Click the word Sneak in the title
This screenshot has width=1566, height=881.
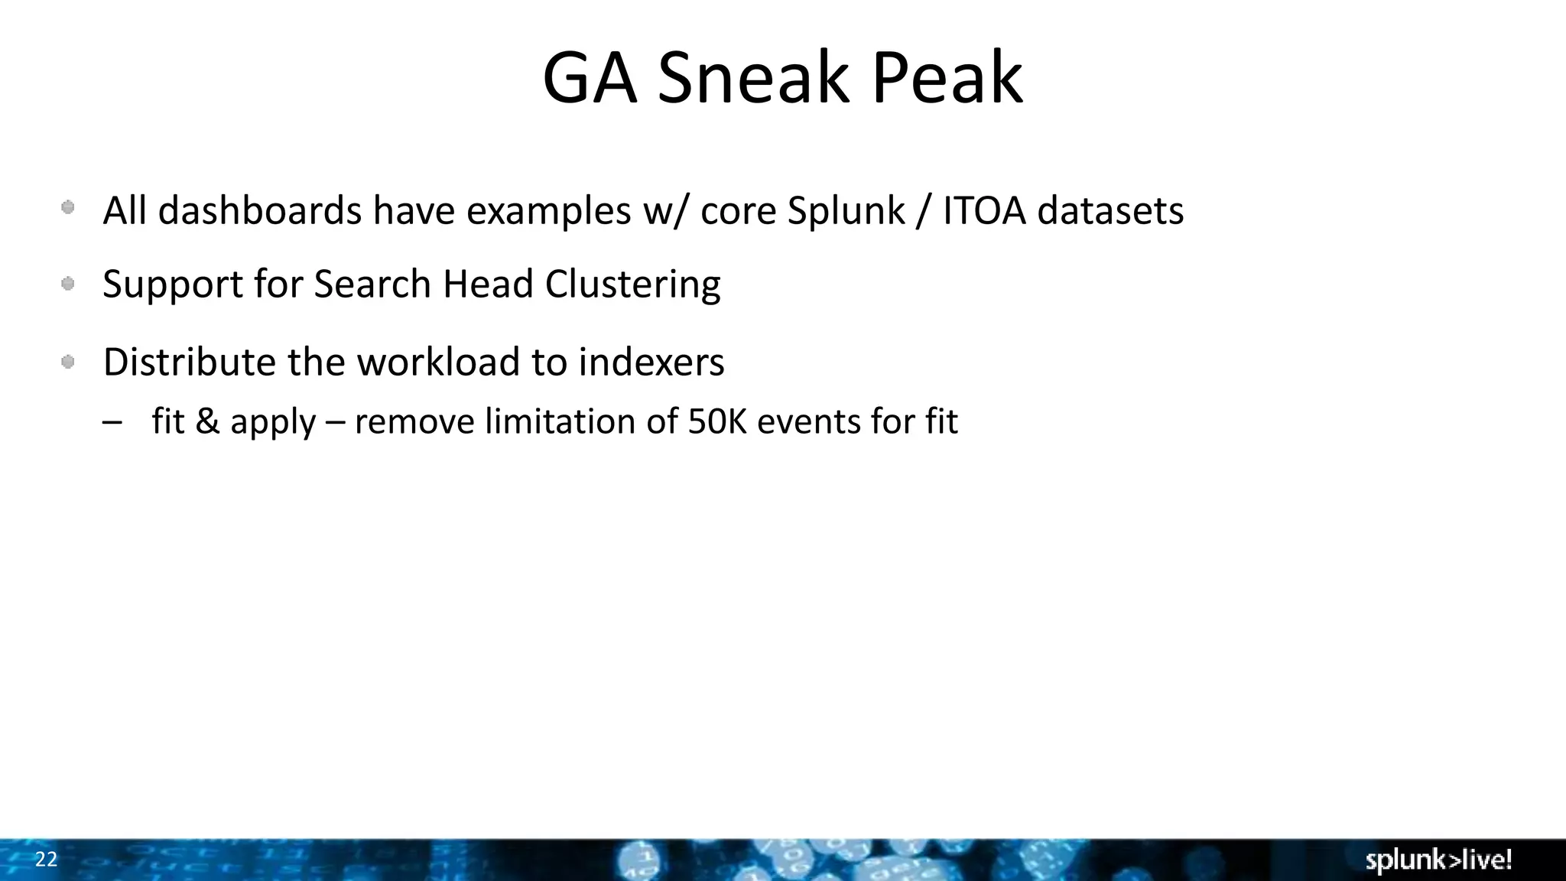click(x=753, y=78)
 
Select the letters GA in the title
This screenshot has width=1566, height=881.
click(x=590, y=78)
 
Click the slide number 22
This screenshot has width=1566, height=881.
click(x=46, y=860)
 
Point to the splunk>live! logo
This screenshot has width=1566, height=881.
click(x=1438, y=860)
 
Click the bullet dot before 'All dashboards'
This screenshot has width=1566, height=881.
click(x=68, y=207)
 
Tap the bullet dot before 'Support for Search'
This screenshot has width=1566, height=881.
click(x=68, y=284)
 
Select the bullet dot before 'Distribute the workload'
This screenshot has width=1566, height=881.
click(x=68, y=362)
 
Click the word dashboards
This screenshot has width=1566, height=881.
click(x=260, y=210)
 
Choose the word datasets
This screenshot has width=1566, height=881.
click(x=1110, y=210)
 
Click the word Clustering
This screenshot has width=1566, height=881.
click(x=632, y=284)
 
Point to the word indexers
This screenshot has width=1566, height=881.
click(x=651, y=362)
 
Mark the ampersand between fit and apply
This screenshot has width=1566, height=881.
click(x=207, y=421)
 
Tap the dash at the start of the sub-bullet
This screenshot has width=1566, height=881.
click(x=112, y=422)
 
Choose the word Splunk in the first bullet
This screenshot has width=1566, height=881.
click(x=846, y=210)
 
